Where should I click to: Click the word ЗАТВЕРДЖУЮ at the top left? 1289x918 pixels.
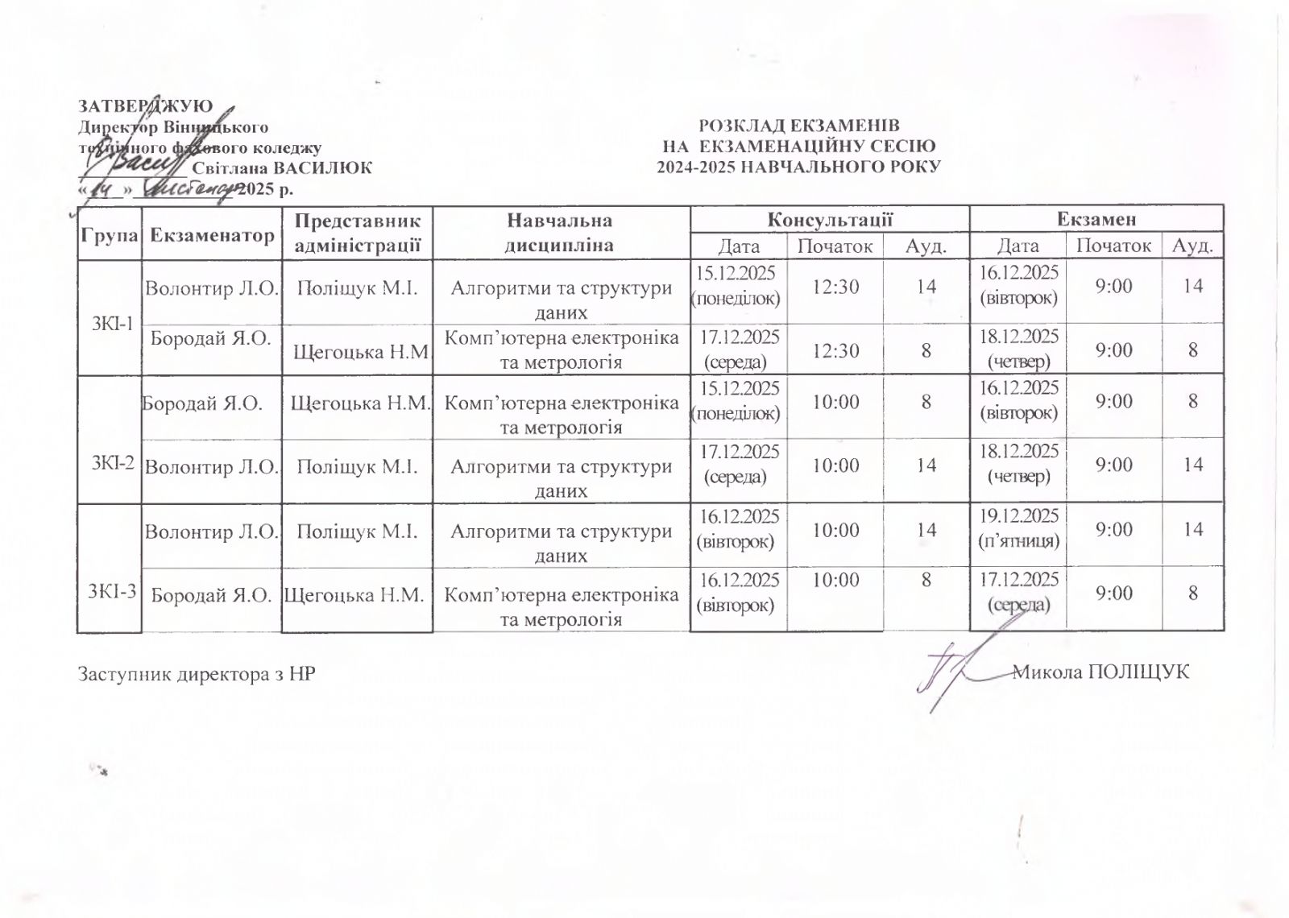[145, 106]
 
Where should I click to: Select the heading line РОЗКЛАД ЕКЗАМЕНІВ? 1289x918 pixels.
[798, 126]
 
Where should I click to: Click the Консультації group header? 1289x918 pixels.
[829, 219]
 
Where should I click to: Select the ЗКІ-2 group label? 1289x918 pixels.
[112, 464]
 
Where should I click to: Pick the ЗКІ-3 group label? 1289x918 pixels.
[112, 591]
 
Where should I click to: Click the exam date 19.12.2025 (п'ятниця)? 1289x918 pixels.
[1018, 527]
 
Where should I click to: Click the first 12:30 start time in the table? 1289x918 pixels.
[835, 286]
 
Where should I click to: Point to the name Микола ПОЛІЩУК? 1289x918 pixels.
[1100, 672]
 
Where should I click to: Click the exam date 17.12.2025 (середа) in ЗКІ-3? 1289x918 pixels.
[1018, 592]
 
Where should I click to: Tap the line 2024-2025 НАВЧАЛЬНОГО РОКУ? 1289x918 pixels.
[798, 167]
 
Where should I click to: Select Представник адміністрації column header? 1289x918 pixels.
[357, 232]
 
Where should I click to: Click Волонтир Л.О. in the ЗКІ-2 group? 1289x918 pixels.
[212, 466]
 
